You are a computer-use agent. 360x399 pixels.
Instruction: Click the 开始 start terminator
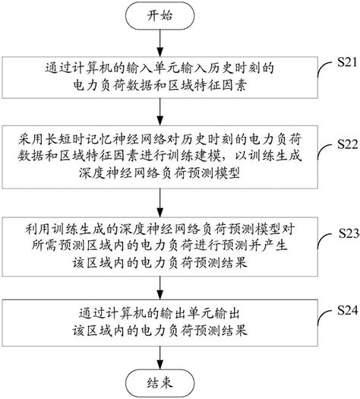coord(160,15)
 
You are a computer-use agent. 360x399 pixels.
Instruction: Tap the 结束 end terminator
coord(160,383)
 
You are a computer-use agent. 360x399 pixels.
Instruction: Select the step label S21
coord(347,62)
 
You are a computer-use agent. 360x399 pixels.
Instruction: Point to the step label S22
coord(347,144)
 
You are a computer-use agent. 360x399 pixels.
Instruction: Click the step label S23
coord(349,233)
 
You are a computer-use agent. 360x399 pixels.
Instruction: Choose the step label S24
coord(348,310)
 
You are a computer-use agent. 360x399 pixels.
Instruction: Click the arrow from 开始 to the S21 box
coord(160,43)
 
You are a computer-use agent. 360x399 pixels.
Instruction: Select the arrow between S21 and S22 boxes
coord(160,112)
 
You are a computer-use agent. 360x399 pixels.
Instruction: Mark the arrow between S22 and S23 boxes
coord(160,203)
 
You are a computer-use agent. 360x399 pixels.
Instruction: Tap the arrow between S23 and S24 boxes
coord(160,288)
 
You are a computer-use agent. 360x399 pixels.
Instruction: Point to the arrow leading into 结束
coord(160,358)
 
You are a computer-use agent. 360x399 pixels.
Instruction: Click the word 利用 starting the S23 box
coord(38,229)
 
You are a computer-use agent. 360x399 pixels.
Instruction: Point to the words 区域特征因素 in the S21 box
coord(207,86)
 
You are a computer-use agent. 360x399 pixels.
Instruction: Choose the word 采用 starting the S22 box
coord(31,140)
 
